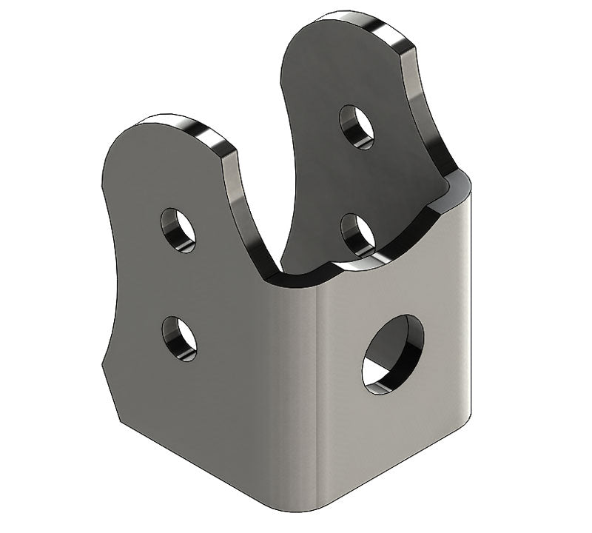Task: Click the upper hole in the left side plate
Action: [x=178, y=229]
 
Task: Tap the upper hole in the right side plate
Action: [x=357, y=127]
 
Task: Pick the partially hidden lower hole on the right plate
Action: [x=357, y=233]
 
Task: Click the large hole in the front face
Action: [x=392, y=354]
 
